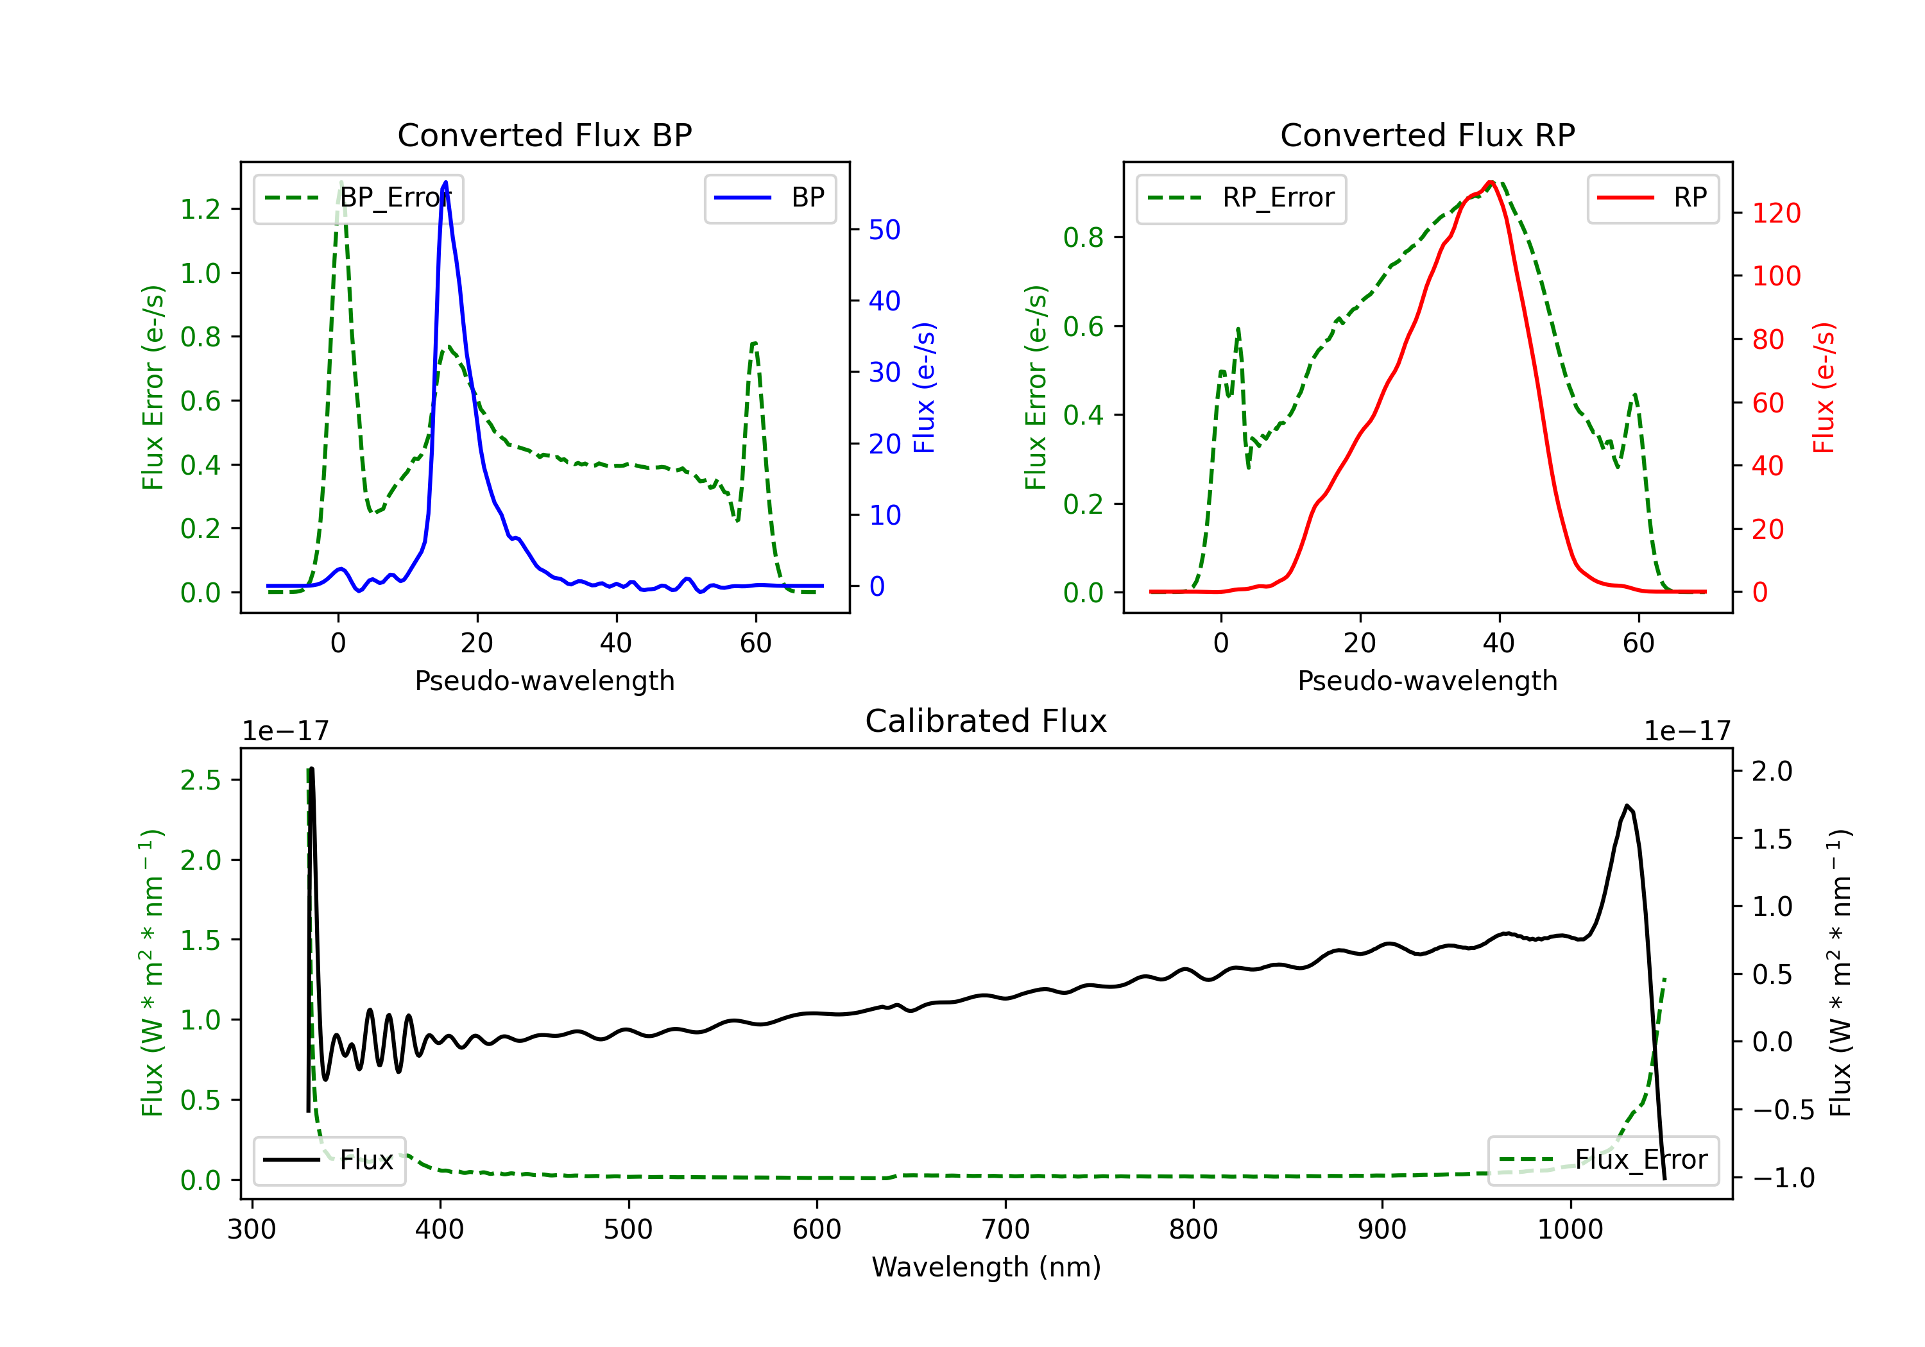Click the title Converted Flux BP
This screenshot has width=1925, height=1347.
pyautogui.click(x=544, y=135)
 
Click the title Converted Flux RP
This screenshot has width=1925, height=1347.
pyautogui.click(x=1427, y=135)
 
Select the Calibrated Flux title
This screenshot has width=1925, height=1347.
pyautogui.click(x=986, y=721)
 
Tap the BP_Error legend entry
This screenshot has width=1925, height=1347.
pyautogui.click(x=358, y=198)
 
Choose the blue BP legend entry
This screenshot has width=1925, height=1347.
pyautogui.click(x=769, y=198)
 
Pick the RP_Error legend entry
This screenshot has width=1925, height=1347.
pyautogui.click(x=1241, y=198)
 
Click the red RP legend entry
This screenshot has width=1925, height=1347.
pyautogui.click(x=1652, y=198)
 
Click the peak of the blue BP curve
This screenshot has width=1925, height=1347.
pyautogui.click(x=445, y=182)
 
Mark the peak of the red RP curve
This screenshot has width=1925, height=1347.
pyautogui.click(x=1491, y=182)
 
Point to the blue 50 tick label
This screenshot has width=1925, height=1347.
pyautogui.click(x=884, y=230)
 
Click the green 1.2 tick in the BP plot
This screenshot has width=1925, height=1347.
pyautogui.click(x=200, y=208)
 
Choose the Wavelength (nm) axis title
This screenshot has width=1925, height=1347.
pyautogui.click(x=986, y=1267)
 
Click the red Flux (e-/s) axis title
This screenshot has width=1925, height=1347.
pyautogui.click(x=1824, y=387)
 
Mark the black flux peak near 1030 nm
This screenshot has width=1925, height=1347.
pyautogui.click(x=1627, y=806)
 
